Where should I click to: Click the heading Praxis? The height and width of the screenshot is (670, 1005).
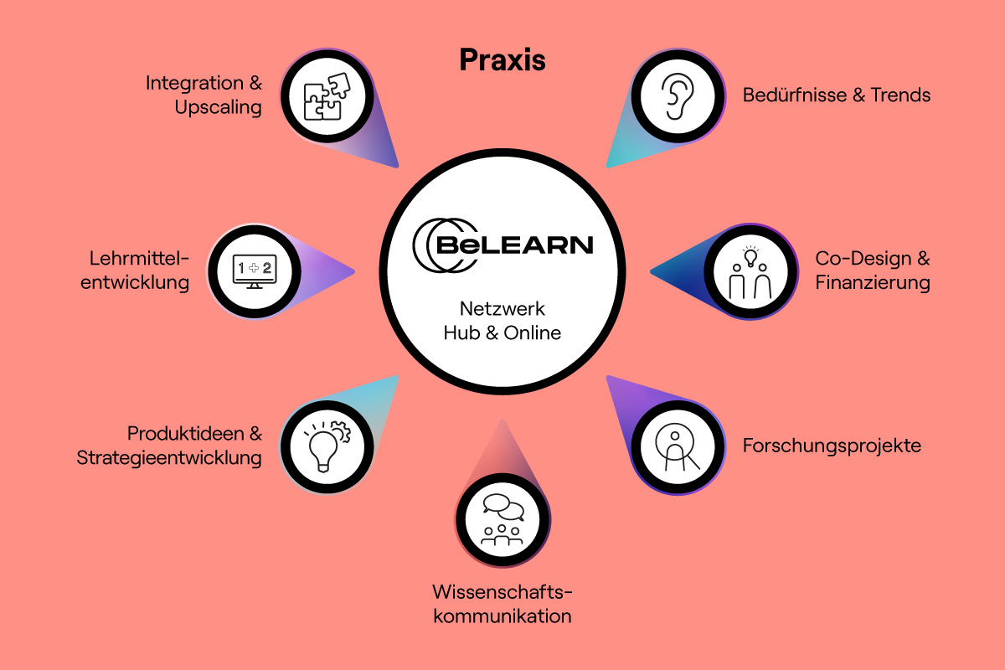point(502,60)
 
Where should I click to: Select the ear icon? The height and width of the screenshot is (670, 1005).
point(676,97)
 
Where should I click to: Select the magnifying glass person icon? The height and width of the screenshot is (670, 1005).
point(676,447)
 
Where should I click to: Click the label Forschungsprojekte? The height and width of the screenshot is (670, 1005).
point(832,446)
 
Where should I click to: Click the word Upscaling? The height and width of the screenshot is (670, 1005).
point(219,108)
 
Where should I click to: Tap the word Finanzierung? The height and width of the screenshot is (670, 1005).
point(873,283)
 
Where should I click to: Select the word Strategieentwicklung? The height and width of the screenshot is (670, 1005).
point(169,458)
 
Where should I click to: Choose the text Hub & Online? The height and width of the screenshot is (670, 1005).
point(502,332)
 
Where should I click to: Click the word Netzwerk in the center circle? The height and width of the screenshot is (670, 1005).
point(502,308)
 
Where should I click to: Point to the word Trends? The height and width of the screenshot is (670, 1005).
point(901,95)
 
